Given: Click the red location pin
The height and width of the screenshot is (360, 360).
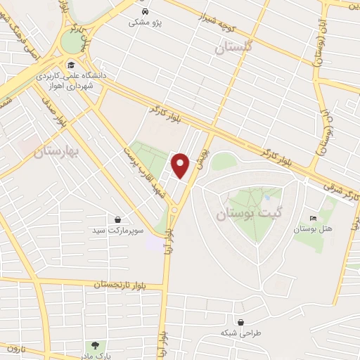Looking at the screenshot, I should click(x=181, y=165).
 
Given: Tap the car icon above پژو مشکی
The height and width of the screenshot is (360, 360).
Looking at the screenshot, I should click(x=144, y=12).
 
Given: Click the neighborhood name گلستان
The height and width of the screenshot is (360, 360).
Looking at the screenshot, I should click(x=233, y=47).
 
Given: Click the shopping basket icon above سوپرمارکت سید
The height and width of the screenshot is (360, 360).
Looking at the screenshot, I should click(x=117, y=220).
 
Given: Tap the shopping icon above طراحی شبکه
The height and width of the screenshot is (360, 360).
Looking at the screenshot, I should click(x=241, y=322).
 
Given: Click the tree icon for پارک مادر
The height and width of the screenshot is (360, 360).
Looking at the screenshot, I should click(x=94, y=345).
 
